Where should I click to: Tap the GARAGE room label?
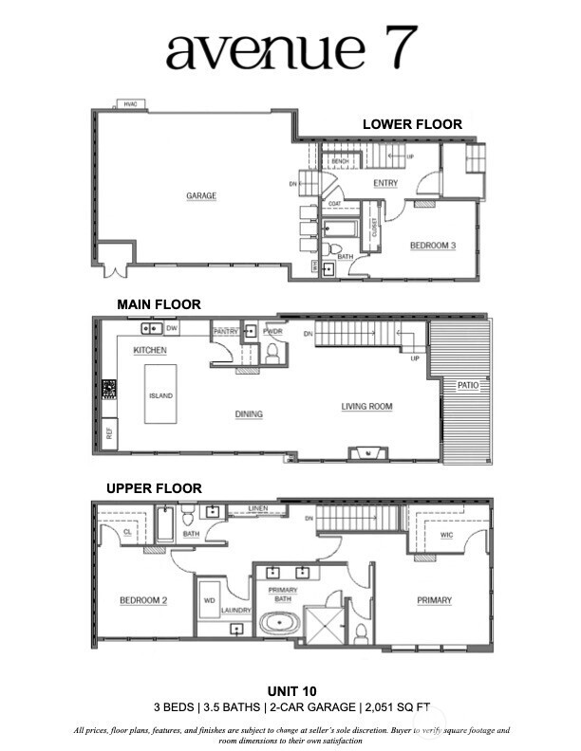(201, 196)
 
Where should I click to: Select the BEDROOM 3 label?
(433, 246)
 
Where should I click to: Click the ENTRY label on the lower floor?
(385, 183)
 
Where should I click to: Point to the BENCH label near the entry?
(339, 162)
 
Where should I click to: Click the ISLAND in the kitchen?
(160, 395)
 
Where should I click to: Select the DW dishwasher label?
(172, 328)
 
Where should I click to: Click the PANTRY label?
(225, 332)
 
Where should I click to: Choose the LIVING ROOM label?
(366, 407)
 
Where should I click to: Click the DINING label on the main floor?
(249, 413)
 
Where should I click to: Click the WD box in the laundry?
(210, 599)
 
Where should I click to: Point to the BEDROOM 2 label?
(143, 600)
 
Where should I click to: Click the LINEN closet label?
(260, 509)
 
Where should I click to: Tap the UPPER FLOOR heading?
(154, 487)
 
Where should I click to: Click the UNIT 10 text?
(290, 690)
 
